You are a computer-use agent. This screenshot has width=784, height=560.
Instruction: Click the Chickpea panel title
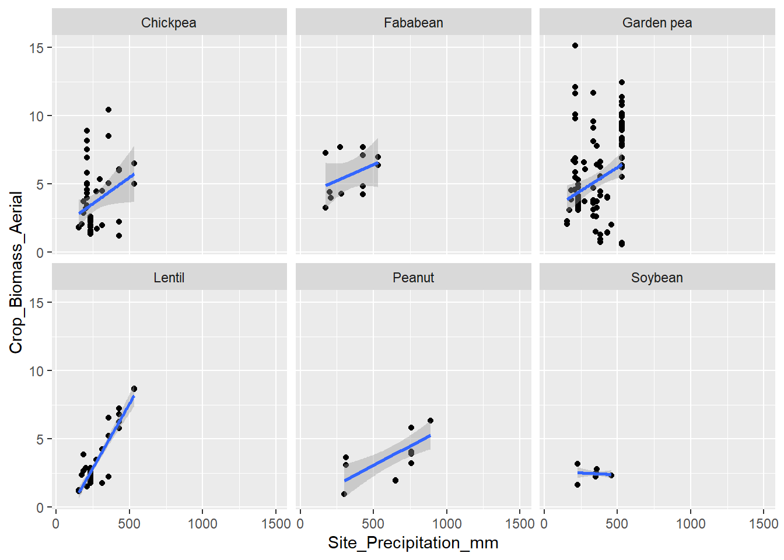(x=169, y=23)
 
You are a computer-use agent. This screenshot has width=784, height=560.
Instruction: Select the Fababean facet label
(x=413, y=23)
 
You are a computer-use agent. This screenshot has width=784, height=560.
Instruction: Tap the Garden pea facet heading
(x=657, y=23)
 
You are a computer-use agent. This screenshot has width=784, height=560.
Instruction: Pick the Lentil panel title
(x=169, y=278)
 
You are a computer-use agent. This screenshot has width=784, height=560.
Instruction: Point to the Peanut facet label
(x=413, y=278)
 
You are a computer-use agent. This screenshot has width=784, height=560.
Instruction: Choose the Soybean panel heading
(x=657, y=278)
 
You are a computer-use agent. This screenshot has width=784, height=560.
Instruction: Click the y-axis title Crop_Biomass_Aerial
(x=16, y=272)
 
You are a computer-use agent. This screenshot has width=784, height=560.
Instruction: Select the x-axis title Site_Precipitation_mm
(x=413, y=543)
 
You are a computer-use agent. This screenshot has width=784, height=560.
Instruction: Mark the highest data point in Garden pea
(x=575, y=45)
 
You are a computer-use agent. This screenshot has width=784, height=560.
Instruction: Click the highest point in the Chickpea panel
(x=108, y=110)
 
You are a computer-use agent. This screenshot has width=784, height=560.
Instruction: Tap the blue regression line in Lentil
(x=107, y=443)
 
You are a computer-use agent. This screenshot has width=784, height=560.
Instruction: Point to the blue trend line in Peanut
(x=387, y=458)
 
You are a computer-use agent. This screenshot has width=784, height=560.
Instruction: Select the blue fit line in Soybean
(x=594, y=474)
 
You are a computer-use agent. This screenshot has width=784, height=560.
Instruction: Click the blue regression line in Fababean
(x=352, y=174)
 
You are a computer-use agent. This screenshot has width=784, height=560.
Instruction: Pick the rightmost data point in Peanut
(x=430, y=421)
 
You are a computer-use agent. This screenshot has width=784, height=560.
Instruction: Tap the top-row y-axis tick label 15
(x=37, y=48)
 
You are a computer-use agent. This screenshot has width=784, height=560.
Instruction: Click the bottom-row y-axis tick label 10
(x=37, y=371)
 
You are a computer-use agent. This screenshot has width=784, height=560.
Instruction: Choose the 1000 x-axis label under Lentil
(x=202, y=524)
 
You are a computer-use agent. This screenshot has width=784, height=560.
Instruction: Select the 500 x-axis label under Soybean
(x=617, y=524)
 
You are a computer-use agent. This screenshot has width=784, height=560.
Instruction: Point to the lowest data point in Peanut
(x=344, y=494)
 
